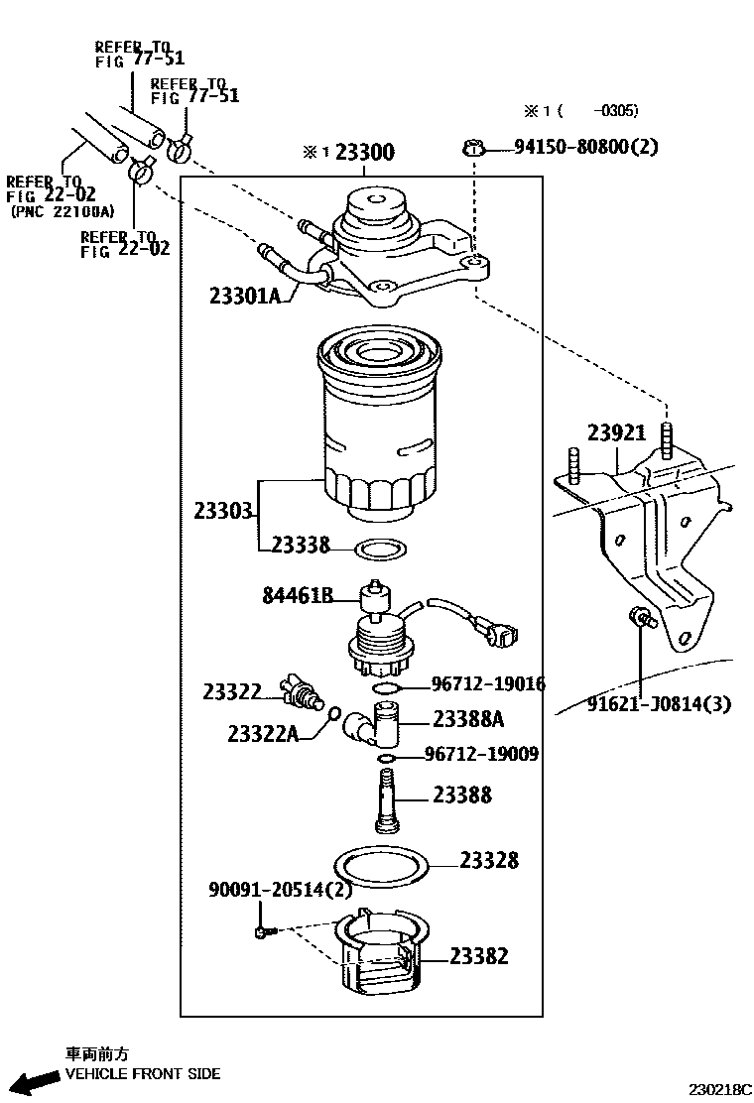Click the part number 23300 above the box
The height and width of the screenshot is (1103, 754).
tap(364, 152)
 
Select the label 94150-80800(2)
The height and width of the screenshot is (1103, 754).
tap(585, 147)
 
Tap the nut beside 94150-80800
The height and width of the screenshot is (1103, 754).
tap(473, 149)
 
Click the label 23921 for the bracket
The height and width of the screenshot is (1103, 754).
tap(616, 432)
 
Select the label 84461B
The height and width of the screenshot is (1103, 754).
tap(297, 595)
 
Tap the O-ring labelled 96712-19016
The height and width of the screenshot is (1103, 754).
tap(388, 686)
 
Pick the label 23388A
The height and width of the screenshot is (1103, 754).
tap(468, 720)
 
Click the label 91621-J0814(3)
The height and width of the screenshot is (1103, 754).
tap(658, 704)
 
